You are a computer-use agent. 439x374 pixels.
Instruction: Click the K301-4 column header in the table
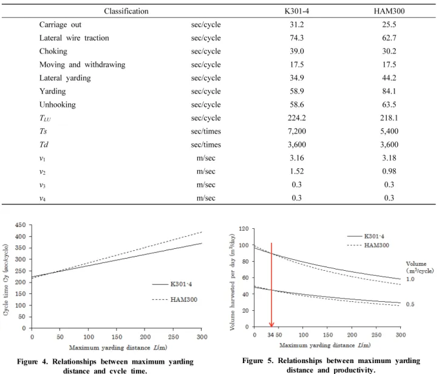click(297, 11)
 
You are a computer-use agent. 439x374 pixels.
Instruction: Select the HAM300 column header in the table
click(389, 11)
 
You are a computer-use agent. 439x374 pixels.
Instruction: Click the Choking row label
click(53, 51)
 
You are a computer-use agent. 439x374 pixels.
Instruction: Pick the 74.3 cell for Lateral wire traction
click(297, 38)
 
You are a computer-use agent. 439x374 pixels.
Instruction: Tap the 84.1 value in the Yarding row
click(389, 91)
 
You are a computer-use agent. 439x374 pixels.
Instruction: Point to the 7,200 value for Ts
click(297, 131)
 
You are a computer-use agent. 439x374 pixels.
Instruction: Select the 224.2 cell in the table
click(297, 118)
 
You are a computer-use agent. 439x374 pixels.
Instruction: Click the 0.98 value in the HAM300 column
click(389, 171)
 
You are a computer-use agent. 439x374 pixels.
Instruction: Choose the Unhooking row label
click(58, 104)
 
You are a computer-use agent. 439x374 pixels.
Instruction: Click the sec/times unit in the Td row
click(206, 144)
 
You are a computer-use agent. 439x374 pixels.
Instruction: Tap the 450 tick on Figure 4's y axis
click(20, 225)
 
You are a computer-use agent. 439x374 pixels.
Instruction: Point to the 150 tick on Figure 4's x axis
click(117, 337)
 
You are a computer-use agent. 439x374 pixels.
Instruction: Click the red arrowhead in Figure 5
click(271, 324)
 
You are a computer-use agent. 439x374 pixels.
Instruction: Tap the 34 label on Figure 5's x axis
click(270, 335)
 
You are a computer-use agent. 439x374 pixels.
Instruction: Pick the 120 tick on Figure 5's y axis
click(244, 229)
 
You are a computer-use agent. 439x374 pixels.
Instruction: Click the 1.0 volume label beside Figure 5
click(410, 279)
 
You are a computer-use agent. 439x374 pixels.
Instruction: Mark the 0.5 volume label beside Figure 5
click(410, 304)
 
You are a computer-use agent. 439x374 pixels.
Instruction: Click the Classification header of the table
click(126, 11)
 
